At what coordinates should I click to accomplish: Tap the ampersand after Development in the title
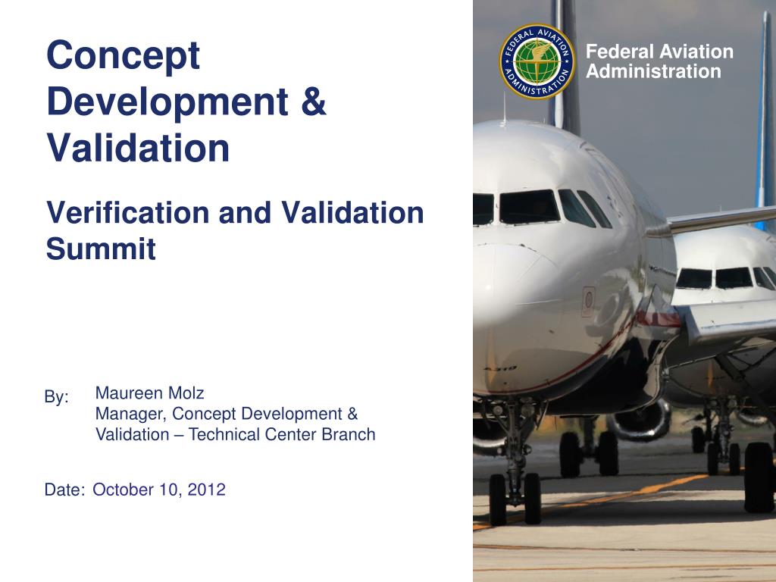click(314, 101)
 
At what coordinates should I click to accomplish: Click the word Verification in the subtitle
click(128, 212)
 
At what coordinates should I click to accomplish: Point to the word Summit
click(101, 249)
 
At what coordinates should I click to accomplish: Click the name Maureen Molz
click(149, 393)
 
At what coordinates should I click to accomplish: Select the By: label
click(56, 397)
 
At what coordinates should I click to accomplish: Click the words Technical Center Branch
click(282, 434)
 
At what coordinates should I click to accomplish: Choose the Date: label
click(64, 490)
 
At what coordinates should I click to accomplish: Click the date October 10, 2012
click(159, 490)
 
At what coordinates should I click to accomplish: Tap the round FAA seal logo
click(537, 61)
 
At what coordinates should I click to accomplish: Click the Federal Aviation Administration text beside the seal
click(659, 61)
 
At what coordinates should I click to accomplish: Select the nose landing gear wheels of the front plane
click(515, 499)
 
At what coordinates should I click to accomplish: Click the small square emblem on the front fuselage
click(588, 302)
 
